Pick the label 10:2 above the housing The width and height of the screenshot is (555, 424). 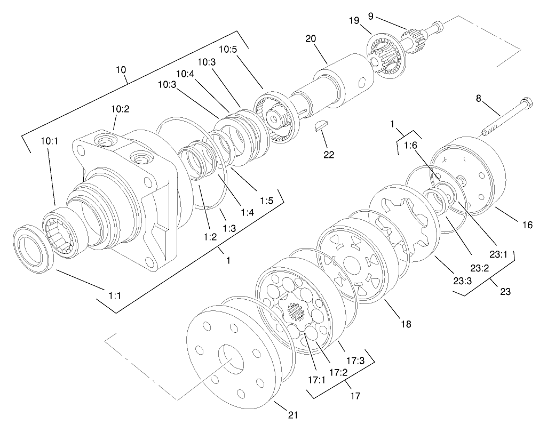coord(120,109)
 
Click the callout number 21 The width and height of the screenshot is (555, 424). coord(292,414)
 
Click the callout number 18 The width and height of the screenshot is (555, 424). coord(407,324)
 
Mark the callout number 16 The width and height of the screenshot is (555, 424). coord(527,226)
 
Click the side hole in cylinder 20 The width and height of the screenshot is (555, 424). coord(362,82)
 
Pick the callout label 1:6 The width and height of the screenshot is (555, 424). coord(410,146)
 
